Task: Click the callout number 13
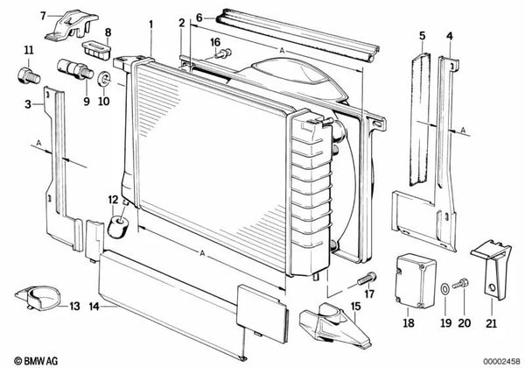pyautogui.click(x=74, y=306)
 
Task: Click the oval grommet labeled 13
pyautogui.click(x=38, y=301)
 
